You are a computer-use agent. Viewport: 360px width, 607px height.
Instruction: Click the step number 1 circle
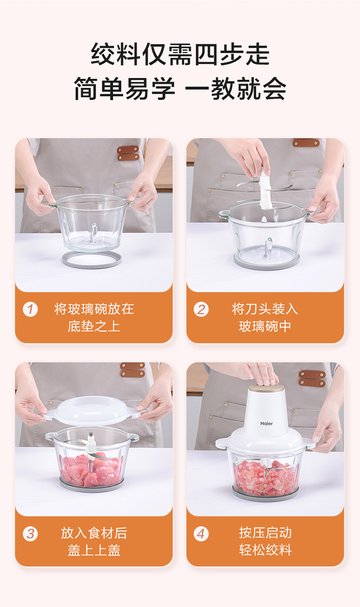pyautogui.click(x=30, y=309)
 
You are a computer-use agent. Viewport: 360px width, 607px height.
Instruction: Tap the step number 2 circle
pyautogui.click(x=201, y=309)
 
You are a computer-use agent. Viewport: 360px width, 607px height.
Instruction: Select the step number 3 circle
pyautogui.click(x=30, y=534)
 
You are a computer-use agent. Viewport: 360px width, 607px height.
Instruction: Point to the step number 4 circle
pyautogui.click(x=201, y=534)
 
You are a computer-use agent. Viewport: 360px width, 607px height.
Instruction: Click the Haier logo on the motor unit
pyautogui.click(x=266, y=423)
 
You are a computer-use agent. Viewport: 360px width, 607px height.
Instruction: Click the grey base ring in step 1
pyautogui.click(x=92, y=260)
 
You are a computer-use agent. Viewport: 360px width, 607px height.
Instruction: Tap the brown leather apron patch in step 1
pyautogui.click(x=128, y=153)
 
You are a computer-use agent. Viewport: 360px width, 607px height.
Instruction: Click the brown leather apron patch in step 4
pyautogui.click(x=312, y=378)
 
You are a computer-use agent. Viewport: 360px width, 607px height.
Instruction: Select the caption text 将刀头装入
pyautogui.click(x=264, y=309)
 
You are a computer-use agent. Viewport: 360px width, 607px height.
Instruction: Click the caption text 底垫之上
pyautogui.click(x=94, y=326)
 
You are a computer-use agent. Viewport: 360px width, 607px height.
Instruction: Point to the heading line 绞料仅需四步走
pyautogui.click(x=180, y=54)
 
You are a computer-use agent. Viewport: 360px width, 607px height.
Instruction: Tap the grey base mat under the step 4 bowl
pyautogui.click(x=265, y=495)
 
